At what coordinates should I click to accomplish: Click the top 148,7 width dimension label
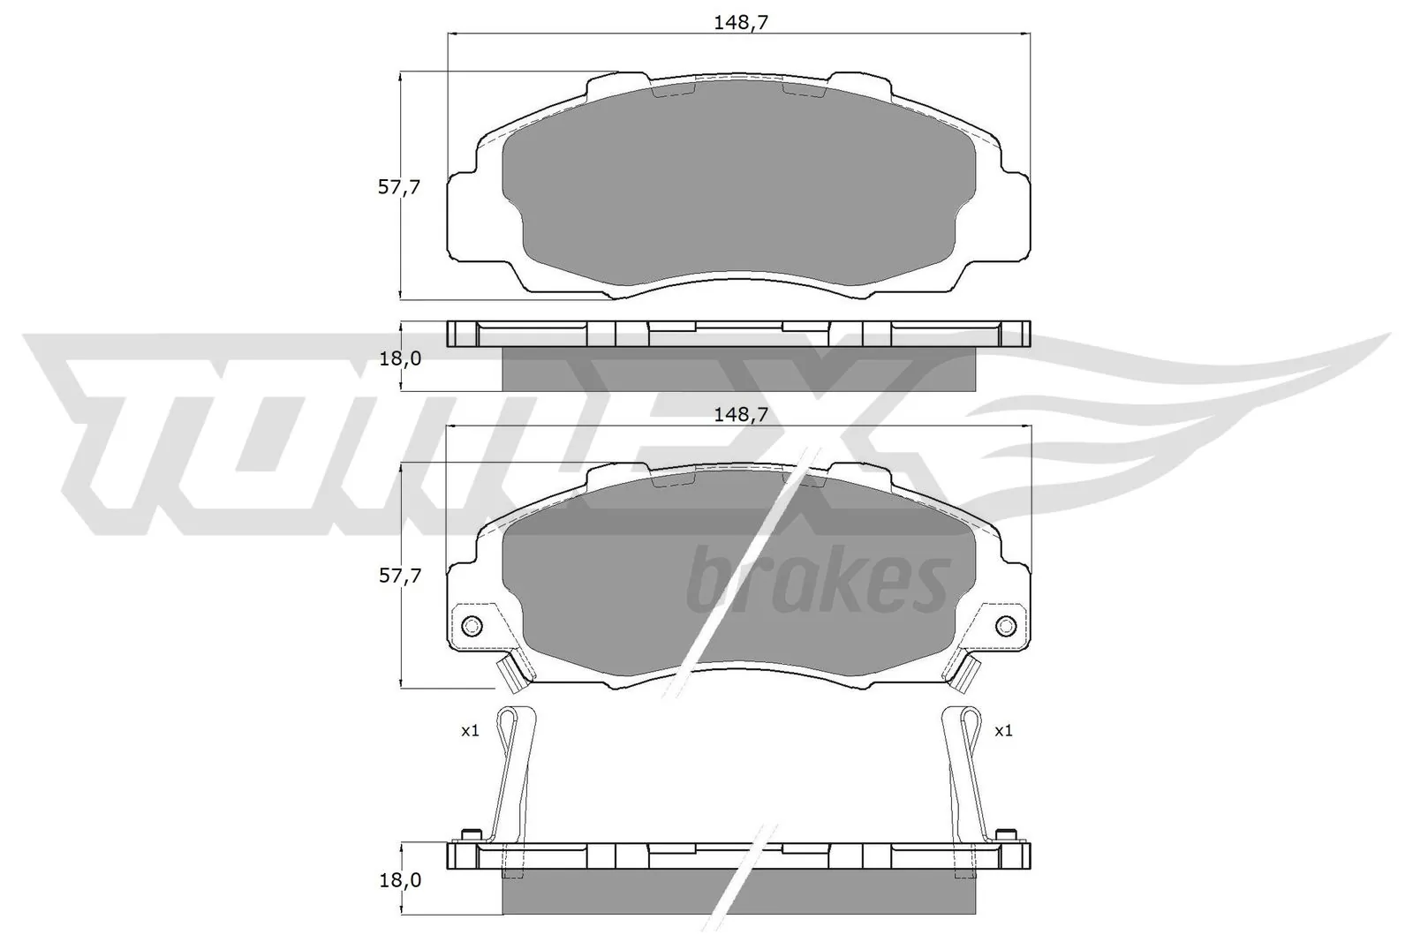pos(740,24)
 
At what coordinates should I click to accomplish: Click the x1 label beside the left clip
pos(470,731)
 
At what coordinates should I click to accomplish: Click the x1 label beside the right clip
pos(1003,731)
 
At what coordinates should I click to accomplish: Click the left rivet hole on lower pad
pos(472,626)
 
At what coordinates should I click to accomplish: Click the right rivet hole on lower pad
pos(1006,626)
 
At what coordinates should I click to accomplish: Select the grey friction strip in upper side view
pos(738,368)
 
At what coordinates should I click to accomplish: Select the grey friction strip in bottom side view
pos(738,891)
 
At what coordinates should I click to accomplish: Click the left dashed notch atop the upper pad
pos(674,89)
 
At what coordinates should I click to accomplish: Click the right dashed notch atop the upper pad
pos(804,89)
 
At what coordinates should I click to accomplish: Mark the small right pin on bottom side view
pos(1003,834)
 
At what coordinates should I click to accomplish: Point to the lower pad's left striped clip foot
pos(509,676)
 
